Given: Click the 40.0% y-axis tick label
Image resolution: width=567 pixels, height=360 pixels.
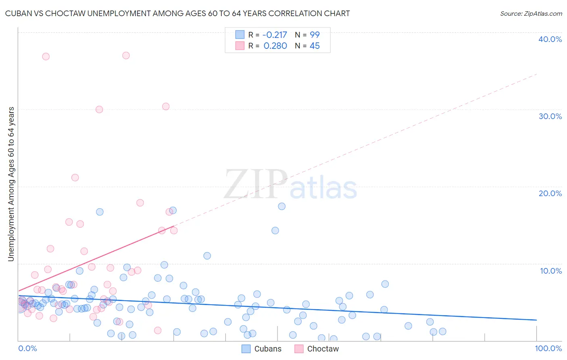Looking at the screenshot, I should pyautogui.click(x=550, y=39).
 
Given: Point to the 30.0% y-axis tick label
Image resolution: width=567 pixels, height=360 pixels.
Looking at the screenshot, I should pyautogui.click(x=550, y=116).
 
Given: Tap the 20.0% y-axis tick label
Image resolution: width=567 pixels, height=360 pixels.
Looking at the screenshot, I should pyautogui.click(x=550, y=193).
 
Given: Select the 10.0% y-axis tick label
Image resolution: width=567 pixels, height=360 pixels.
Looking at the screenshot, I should pyautogui.click(x=550, y=271).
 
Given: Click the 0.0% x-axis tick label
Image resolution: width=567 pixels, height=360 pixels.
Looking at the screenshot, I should pyautogui.click(x=27, y=348).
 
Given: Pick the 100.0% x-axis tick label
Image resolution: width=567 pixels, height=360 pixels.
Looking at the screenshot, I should pyautogui.click(x=548, y=348).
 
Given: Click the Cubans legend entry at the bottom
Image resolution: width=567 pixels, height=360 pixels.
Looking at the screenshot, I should pyautogui.click(x=267, y=349).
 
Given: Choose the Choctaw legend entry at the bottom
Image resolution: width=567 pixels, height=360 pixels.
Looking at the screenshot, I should pyautogui.click(x=323, y=349).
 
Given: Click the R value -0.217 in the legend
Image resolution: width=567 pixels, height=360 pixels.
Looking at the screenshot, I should pyautogui.click(x=275, y=35).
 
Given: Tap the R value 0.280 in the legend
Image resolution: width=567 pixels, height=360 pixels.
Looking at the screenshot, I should pyautogui.click(x=275, y=46).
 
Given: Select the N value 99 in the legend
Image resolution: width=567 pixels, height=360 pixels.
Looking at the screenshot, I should pyautogui.click(x=315, y=35).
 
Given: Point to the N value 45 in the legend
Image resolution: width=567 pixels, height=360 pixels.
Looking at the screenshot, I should pyautogui.click(x=315, y=46).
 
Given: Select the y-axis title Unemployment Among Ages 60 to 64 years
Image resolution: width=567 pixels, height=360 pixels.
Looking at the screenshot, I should pyautogui.click(x=11, y=184).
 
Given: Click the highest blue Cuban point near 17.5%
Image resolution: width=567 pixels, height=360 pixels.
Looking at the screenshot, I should pyautogui.click(x=281, y=206).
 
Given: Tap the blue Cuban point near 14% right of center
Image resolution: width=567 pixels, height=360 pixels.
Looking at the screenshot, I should pyautogui.click(x=275, y=230).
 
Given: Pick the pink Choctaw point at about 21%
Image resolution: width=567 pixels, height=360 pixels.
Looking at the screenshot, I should pyautogui.click(x=75, y=178).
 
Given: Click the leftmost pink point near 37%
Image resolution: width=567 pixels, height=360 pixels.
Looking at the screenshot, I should pyautogui.click(x=46, y=57).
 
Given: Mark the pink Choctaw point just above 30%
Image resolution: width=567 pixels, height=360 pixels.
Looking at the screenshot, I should pyautogui.click(x=165, y=107).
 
